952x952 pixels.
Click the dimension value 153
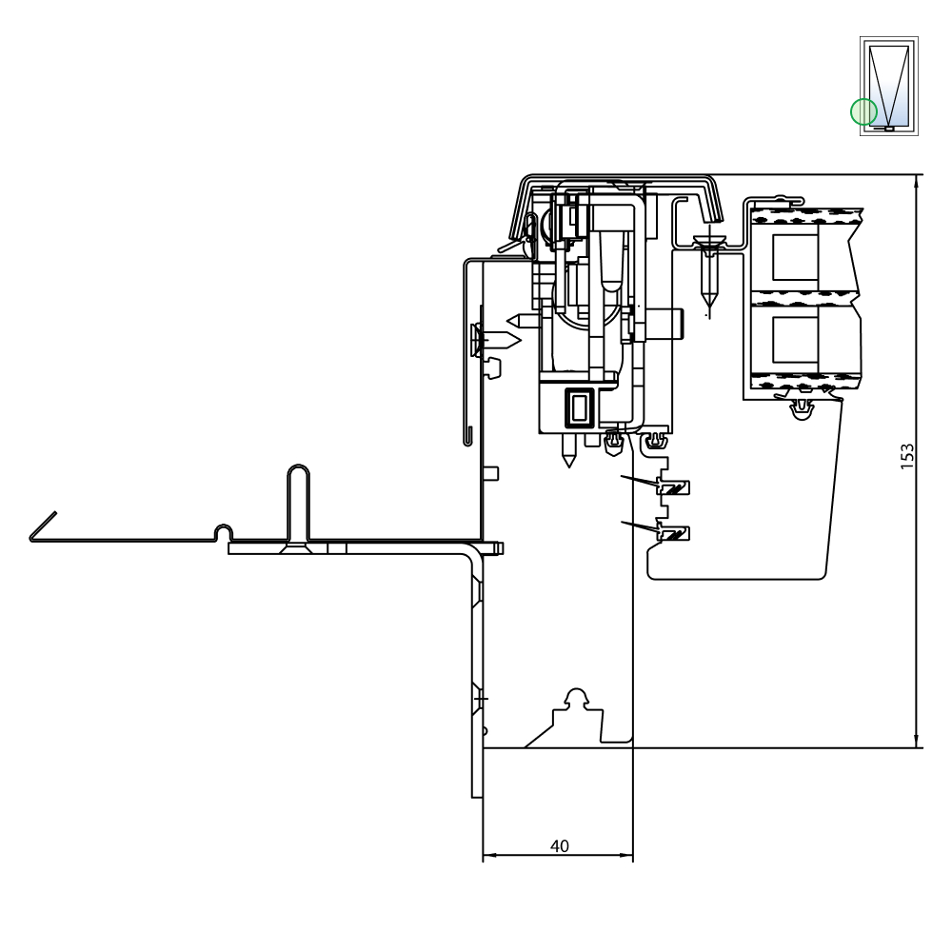tap(906, 456)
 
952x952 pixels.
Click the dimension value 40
tap(559, 845)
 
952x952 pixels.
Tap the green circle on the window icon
tap(863, 111)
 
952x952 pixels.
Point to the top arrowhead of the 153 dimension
tap(916, 181)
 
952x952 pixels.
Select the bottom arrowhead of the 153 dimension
tap(916, 742)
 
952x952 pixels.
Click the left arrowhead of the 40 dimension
tap(489, 855)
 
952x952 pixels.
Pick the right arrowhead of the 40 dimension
tap(626, 855)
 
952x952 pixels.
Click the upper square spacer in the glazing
tap(795, 257)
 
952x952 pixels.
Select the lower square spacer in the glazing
tap(795, 340)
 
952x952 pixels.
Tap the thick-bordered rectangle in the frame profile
tap(582, 406)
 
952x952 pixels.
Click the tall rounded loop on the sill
tap(298, 503)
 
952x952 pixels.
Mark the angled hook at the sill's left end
tap(43, 526)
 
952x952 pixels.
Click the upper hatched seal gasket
tap(675, 486)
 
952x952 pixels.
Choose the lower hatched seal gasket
tap(675, 534)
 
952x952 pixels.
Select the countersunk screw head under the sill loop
tap(298, 548)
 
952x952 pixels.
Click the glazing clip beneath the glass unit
tap(803, 409)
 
